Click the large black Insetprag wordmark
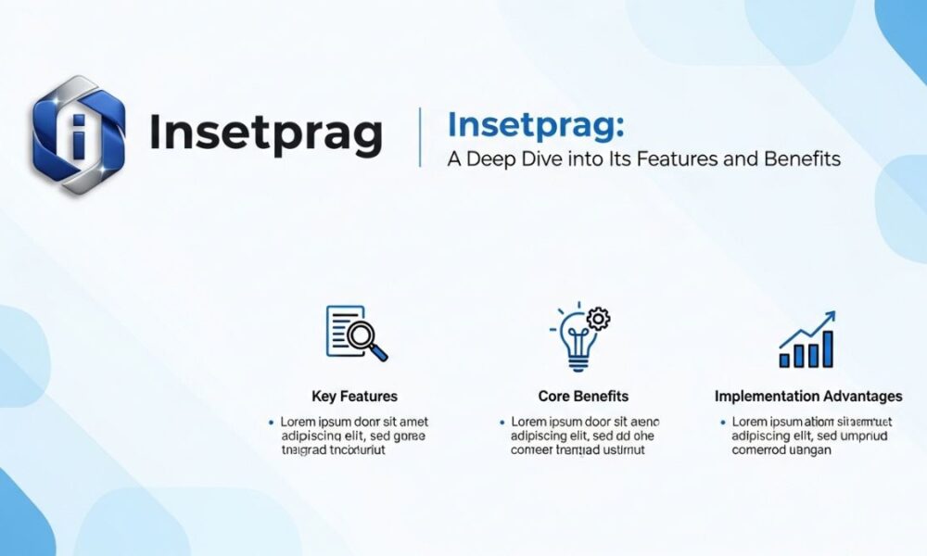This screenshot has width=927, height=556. tap(265, 133)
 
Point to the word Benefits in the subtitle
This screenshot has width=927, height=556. tap(803, 159)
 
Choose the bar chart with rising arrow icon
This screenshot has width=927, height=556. tap(806, 339)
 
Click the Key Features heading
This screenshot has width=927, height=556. tap(355, 397)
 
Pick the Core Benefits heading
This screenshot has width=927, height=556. tap(583, 397)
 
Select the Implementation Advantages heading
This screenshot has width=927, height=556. tap(808, 397)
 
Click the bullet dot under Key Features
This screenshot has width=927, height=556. tap(270, 422)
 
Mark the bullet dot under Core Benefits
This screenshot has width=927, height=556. tap(502, 422)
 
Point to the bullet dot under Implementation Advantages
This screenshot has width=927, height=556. tap(722, 422)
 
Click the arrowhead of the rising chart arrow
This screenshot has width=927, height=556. tap(829, 317)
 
